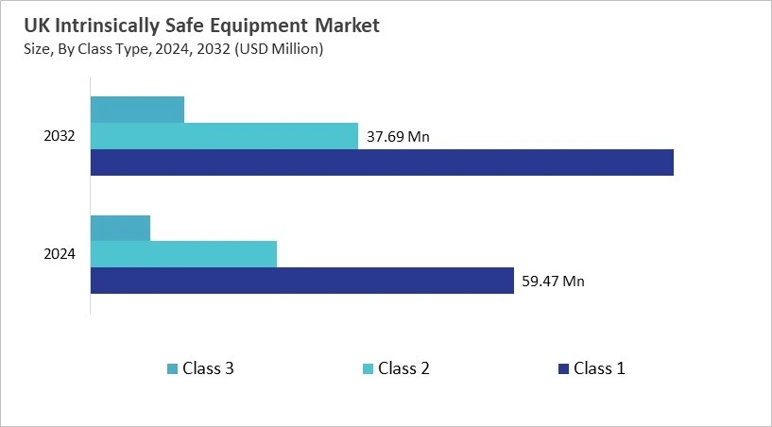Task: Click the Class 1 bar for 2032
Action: pos(382,162)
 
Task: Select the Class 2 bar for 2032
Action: pos(224,136)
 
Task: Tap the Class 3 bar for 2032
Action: pos(137,110)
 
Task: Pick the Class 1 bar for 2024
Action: pos(301,281)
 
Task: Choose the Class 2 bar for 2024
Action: pos(183,254)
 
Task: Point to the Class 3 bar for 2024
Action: pos(120,228)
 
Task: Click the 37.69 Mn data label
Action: pos(398,137)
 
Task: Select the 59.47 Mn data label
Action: pos(553,281)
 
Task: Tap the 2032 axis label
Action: pos(60,136)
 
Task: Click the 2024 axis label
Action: pos(60,254)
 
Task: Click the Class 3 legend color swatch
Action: pos(172,368)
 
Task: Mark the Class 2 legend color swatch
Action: pos(367,368)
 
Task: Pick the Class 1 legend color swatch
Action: pos(562,368)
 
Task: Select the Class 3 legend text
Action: pos(208,368)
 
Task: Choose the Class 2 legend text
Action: pos(403,368)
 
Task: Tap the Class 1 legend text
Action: pos(599,368)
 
